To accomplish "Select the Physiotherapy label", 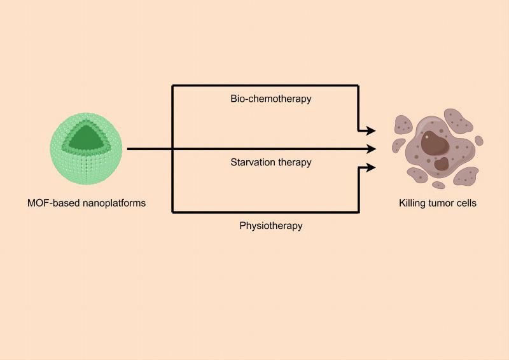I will click(x=270, y=225).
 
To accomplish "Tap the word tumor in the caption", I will click(x=445, y=204).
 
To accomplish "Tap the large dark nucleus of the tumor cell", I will click(x=433, y=141).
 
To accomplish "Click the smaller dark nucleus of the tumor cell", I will click(x=441, y=163).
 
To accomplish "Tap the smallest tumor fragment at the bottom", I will click(x=438, y=185).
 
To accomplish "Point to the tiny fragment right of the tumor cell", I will click(x=479, y=141).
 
